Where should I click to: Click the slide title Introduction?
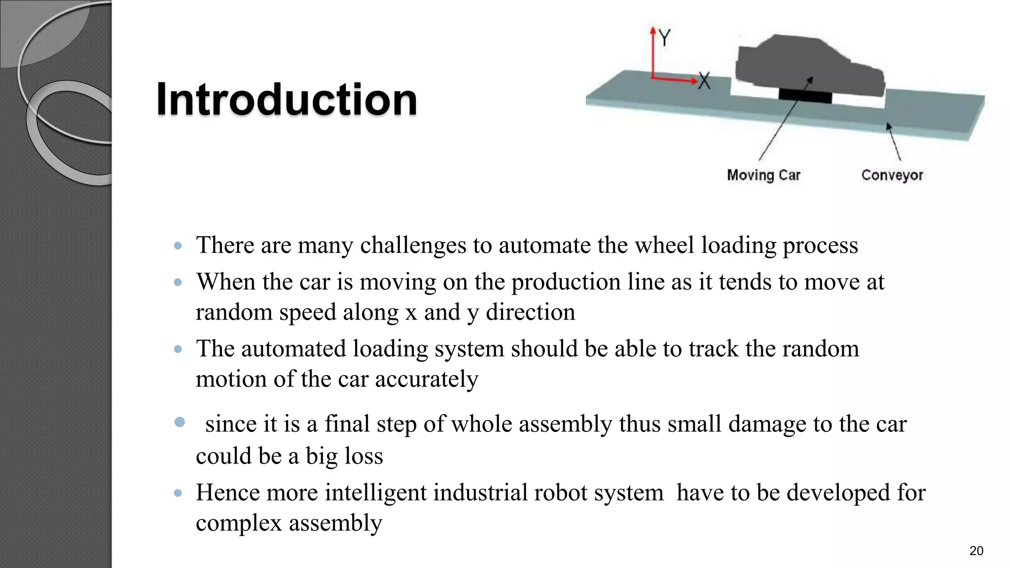click(x=287, y=100)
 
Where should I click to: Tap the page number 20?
click(x=976, y=551)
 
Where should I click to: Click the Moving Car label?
click(x=763, y=175)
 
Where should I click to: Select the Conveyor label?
click(x=892, y=175)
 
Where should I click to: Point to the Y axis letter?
click(x=665, y=37)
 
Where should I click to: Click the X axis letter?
click(x=704, y=81)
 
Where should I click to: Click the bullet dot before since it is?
click(x=180, y=422)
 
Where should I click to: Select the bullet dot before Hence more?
click(x=178, y=493)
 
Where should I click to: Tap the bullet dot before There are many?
click(x=178, y=246)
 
